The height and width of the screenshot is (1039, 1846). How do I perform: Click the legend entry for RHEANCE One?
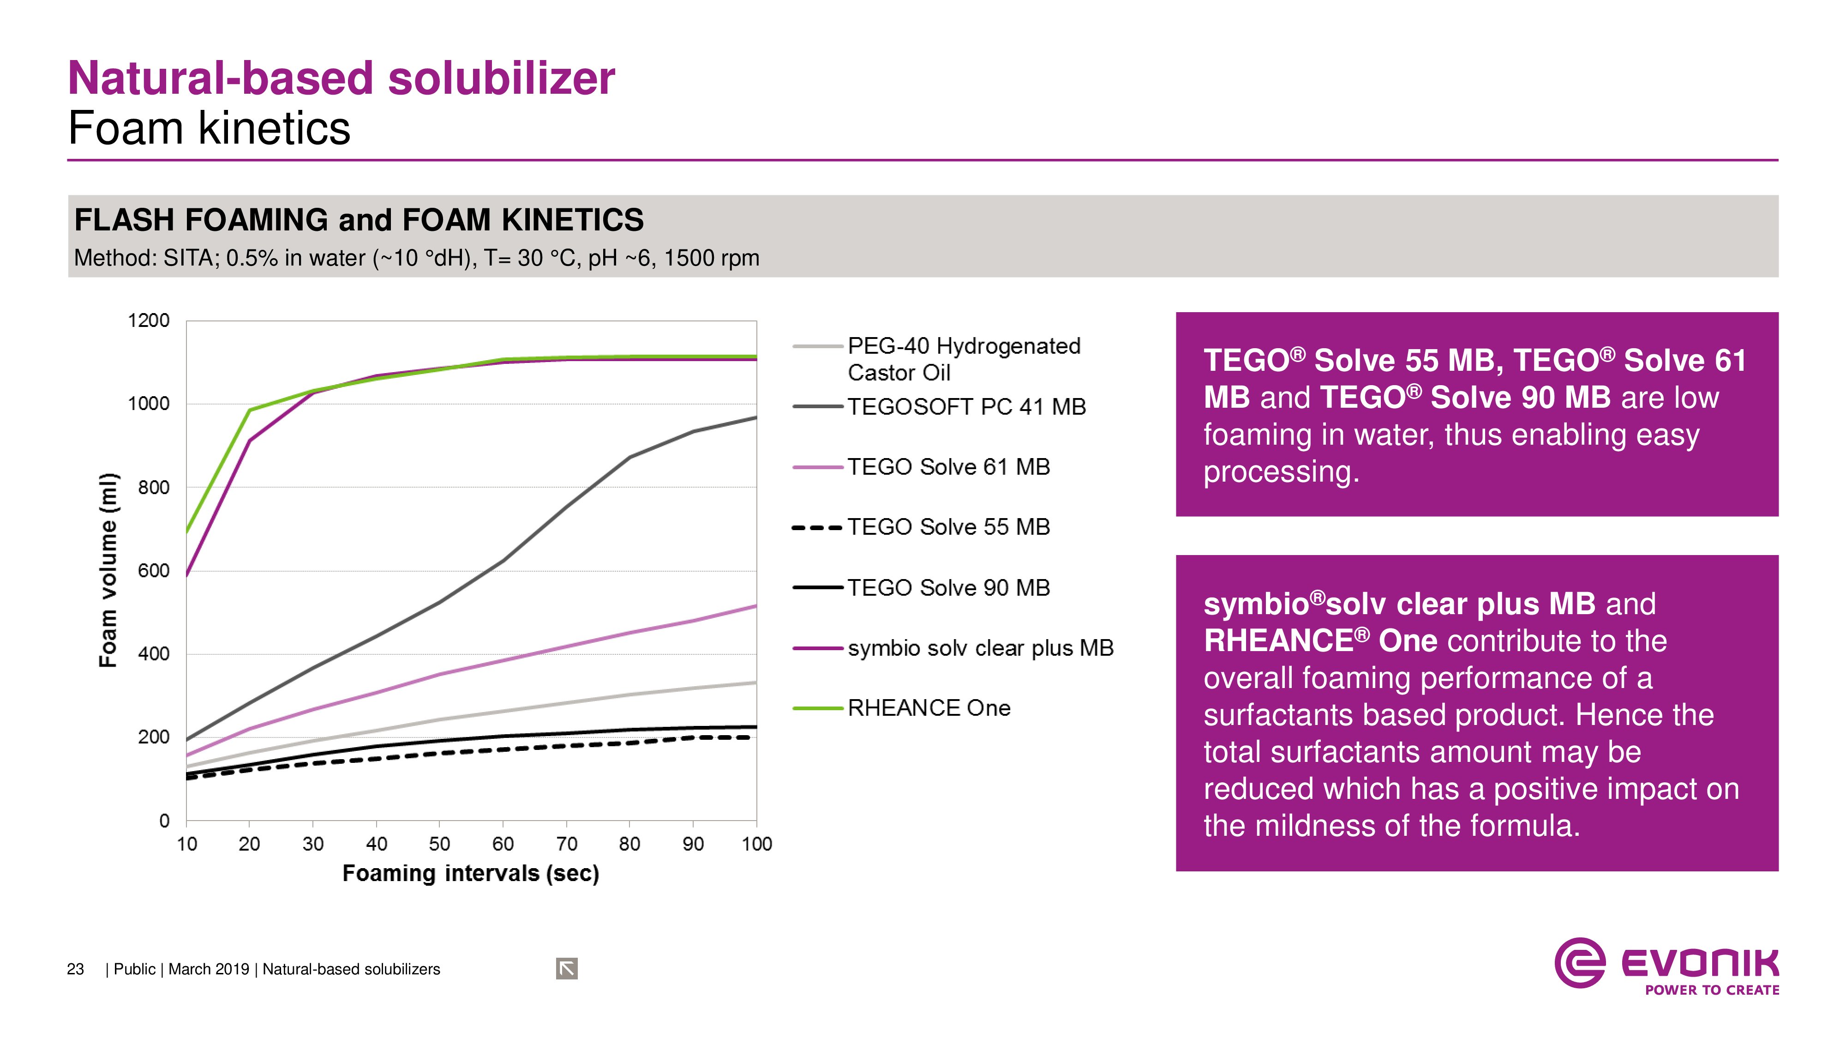coord(928,708)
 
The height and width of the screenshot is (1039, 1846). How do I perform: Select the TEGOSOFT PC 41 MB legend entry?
coord(966,407)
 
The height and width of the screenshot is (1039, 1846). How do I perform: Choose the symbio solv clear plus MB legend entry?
coord(980,648)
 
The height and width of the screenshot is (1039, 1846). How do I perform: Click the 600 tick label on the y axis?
coord(153,571)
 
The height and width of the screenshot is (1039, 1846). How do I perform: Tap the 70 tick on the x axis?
coord(566,844)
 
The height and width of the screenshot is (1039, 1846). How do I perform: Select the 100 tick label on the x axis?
coord(757,844)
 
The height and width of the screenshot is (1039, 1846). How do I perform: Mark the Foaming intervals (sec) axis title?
coord(471,873)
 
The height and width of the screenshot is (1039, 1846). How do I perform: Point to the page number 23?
coord(75,969)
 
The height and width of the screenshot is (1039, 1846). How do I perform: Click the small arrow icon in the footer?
coord(566,969)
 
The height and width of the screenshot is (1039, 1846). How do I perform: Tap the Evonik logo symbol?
coord(1579,963)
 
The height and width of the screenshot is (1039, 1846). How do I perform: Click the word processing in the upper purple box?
coord(1281,472)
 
